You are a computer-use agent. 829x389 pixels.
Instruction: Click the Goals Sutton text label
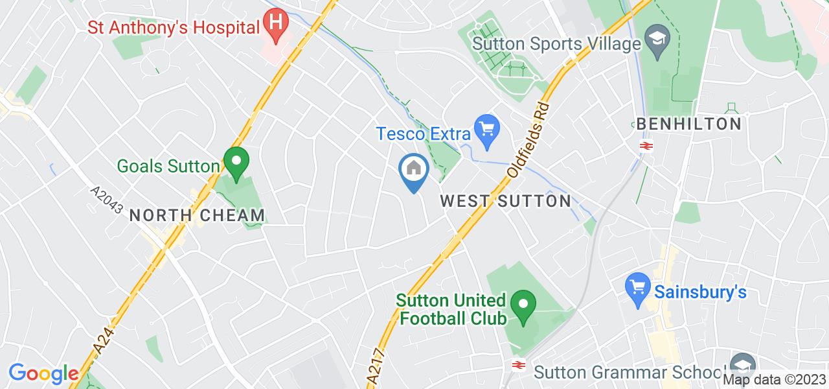click(168, 166)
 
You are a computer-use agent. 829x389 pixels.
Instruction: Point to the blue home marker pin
click(413, 171)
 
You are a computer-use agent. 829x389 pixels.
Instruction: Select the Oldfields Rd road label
click(528, 141)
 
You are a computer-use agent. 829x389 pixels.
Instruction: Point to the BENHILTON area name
click(688, 124)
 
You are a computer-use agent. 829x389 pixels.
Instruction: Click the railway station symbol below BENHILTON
click(645, 145)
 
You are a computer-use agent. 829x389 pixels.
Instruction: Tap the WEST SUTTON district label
click(505, 201)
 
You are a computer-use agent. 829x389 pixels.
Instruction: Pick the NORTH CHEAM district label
click(197, 215)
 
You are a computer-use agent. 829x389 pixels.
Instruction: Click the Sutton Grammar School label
click(628, 371)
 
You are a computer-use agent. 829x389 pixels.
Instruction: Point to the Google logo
click(43, 373)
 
